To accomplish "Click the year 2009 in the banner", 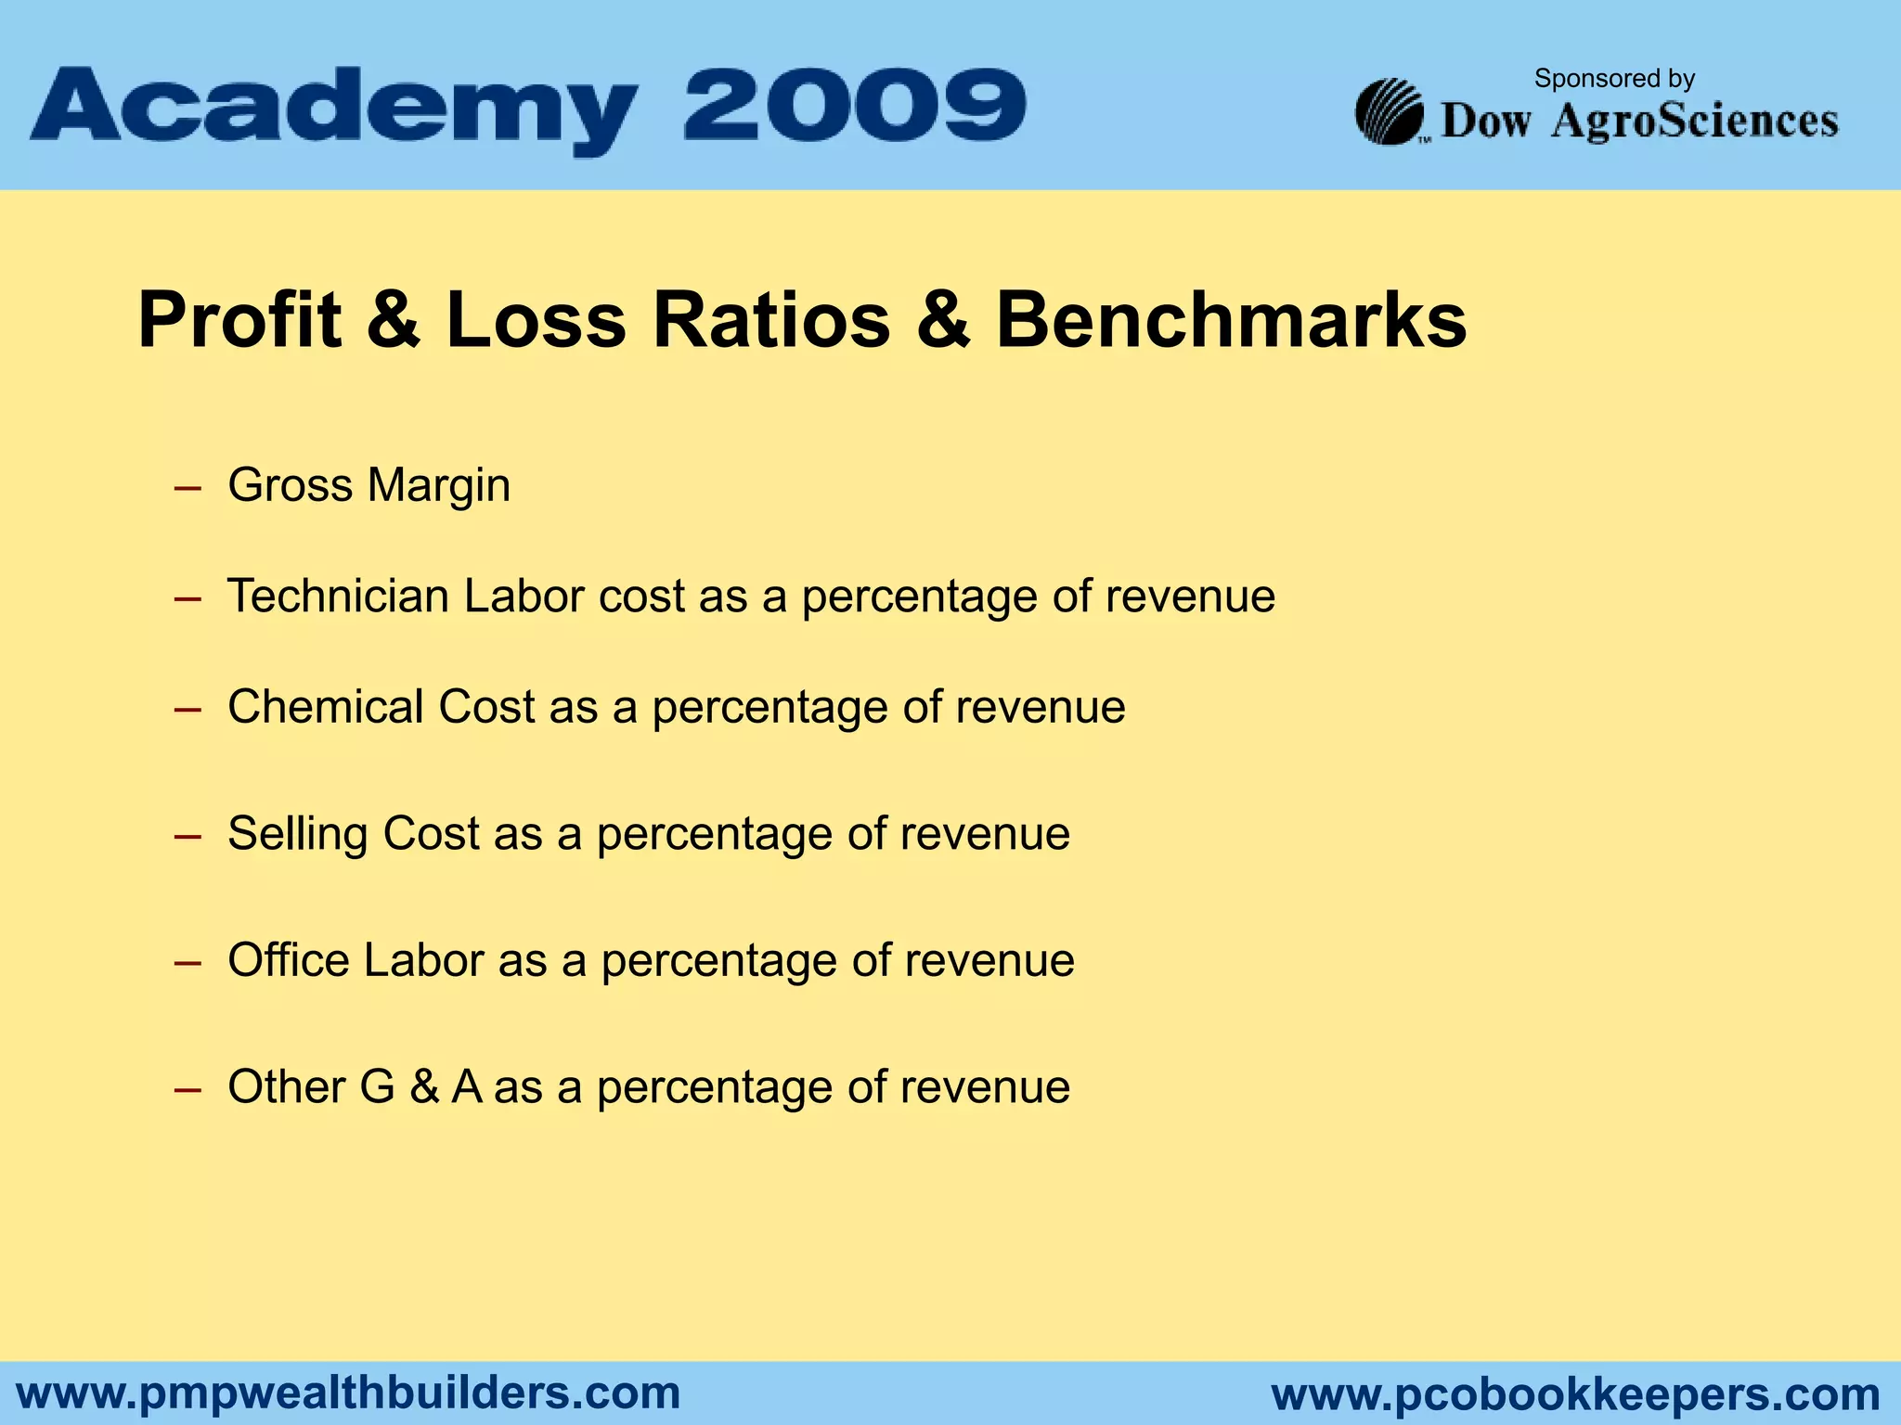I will pos(855,105).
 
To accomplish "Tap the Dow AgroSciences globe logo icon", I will pos(1390,112).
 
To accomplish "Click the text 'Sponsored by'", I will pos(1614,79).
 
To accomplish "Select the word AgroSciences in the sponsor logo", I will pos(1695,122).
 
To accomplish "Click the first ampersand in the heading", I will pos(393,320).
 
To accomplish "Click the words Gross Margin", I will pos(369,485).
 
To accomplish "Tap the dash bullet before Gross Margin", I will pos(188,487).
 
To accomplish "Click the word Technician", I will pos(339,596).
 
